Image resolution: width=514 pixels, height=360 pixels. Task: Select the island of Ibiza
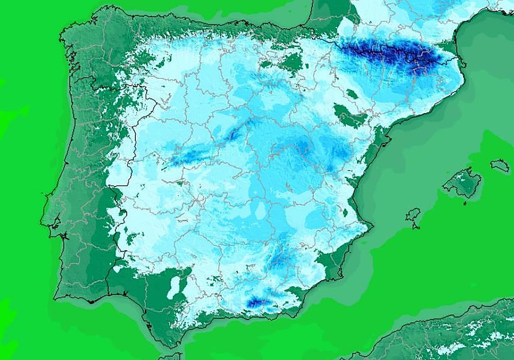[x=413, y=214]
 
